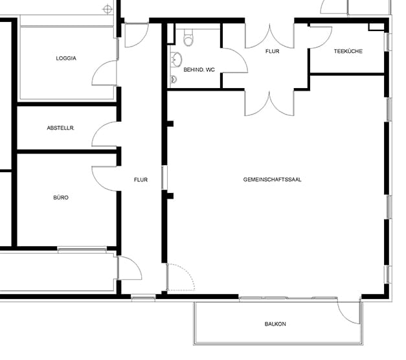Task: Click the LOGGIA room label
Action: (66, 58)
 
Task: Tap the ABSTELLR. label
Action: (61, 128)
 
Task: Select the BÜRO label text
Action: (61, 197)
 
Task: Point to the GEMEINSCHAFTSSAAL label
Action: (272, 179)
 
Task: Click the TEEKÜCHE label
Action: (348, 51)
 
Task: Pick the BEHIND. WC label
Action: (199, 70)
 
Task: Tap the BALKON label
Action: (275, 324)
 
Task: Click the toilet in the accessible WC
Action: (188, 38)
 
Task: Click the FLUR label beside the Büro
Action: (141, 180)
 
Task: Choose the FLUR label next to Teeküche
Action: (272, 51)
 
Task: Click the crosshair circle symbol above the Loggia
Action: (107, 10)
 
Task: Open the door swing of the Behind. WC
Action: (241, 56)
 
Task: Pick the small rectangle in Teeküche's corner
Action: (376, 27)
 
